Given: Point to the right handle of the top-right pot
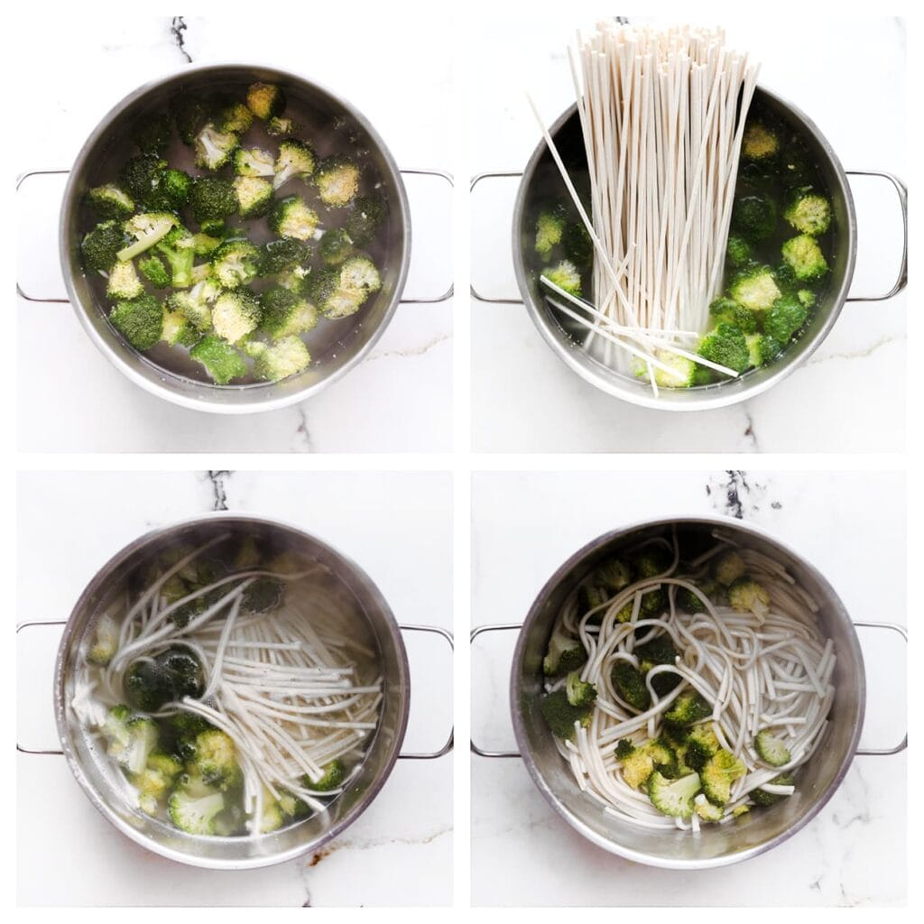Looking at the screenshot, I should pyautogui.click(x=899, y=236).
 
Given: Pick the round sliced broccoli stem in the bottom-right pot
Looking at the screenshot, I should pyautogui.click(x=772, y=749).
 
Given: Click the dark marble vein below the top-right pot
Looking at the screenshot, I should pyautogui.click(x=748, y=430).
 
